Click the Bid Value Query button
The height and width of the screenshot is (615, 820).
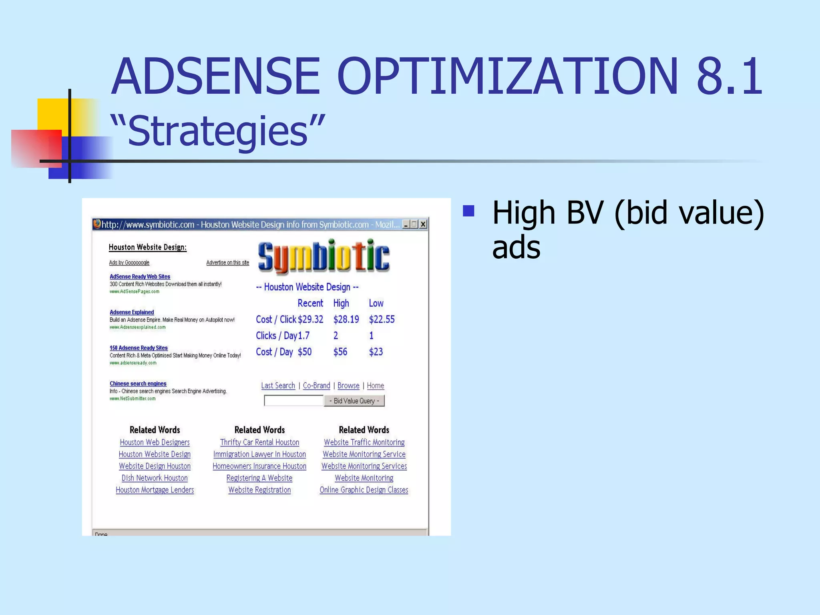point(354,401)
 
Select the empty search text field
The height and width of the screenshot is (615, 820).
point(293,400)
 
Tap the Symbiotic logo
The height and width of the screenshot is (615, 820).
point(324,257)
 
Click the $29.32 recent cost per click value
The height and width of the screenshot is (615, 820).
point(310,320)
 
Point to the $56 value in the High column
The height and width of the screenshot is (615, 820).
point(340,352)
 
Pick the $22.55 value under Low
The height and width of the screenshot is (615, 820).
point(382,320)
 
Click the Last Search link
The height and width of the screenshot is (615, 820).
point(278,386)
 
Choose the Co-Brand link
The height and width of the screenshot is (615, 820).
point(316,386)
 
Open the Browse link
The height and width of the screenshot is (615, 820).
point(348,386)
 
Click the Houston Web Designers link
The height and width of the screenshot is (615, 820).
point(155,442)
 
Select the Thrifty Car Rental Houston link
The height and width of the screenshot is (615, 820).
point(259,442)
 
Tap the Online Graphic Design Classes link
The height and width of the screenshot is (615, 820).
point(364,490)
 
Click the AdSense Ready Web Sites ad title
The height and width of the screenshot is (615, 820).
point(140,277)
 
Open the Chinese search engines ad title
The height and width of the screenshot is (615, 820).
point(138,384)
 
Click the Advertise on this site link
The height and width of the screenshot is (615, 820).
point(227,263)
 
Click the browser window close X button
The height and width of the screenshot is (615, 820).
point(423,224)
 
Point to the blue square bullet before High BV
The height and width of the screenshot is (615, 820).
point(468,211)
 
